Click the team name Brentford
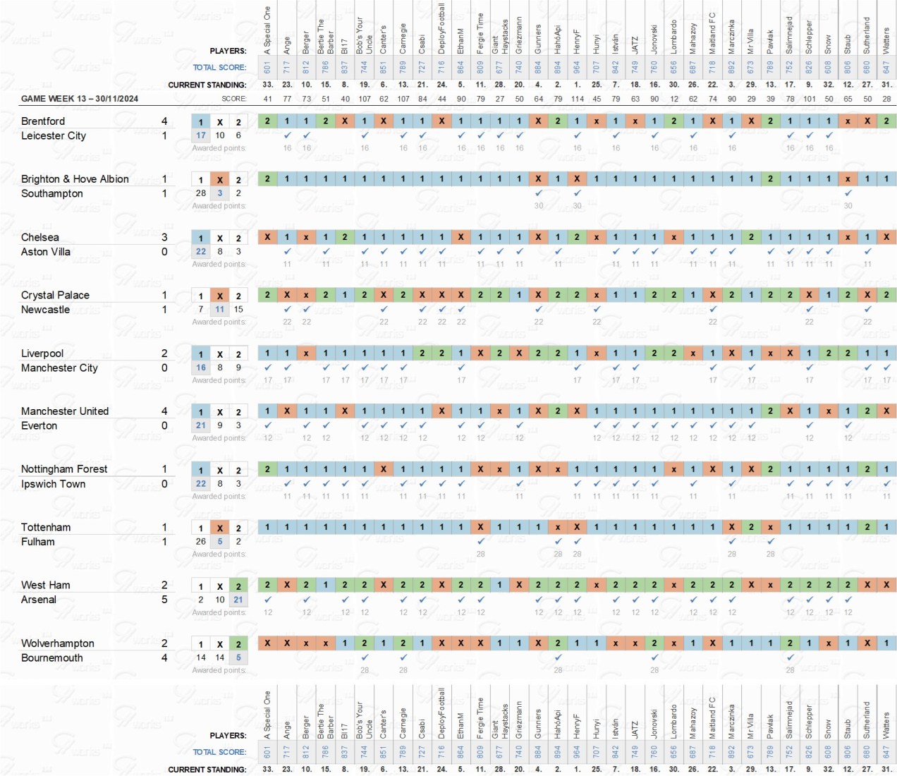click(x=43, y=121)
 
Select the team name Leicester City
click(x=54, y=135)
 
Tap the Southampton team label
click(x=52, y=193)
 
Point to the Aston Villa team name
click(x=46, y=252)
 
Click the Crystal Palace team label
click(x=55, y=295)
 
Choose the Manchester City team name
click(x=59, y=368)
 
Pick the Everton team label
click(x=39, y=425)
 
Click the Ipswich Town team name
click(x=53, y=484)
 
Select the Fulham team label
click(x=38, y=542)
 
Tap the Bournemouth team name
click(x=52, y=657)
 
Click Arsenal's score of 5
click(x=164, y=600)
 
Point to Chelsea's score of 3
click(x=164, y=237)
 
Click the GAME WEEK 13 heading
click(x=80, y=99)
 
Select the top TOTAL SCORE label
click(x=219, y=68)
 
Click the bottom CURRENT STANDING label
click(x=207, y=770)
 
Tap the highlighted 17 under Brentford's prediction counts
click(x=201, y=135)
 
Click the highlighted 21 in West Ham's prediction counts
click(x=238, y=600)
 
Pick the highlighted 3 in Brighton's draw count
click(x=220, y=193)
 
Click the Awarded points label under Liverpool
click(x=219, y=380)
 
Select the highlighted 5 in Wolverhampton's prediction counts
click(x=238, y=657)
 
